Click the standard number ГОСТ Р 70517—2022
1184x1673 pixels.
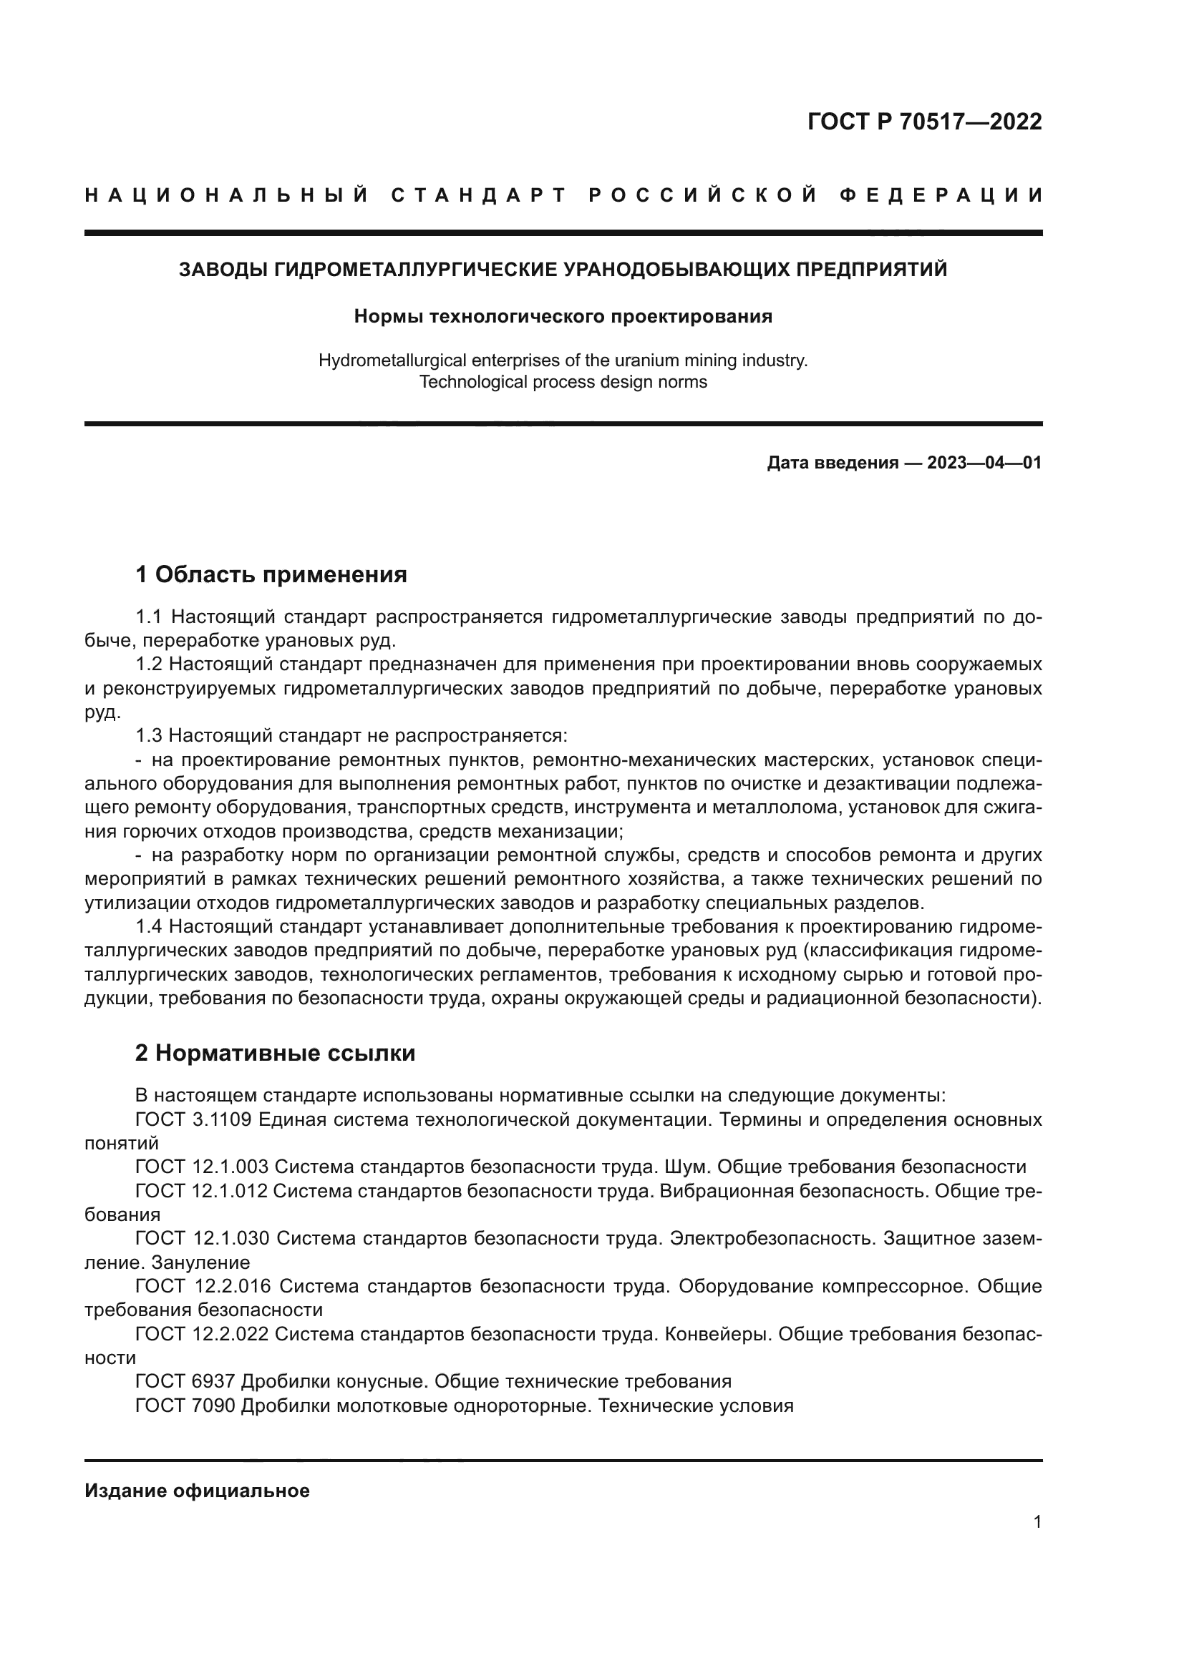[x=924, y=122]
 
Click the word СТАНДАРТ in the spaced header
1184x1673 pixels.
[x=479, y=195]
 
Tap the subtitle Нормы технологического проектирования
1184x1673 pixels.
[x=563, y=316]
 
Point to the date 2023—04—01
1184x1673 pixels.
[x=984, y=463]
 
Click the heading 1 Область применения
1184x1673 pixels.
[x=271, y=574]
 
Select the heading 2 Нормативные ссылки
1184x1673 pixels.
[x=276, y=1052]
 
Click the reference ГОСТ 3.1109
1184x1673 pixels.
[x=193, y=1119]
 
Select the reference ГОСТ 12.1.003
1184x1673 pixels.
[x=202, y=1167]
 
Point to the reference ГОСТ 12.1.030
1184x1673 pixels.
[x=202, y=1238]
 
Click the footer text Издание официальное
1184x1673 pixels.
[x=197, y=1490]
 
